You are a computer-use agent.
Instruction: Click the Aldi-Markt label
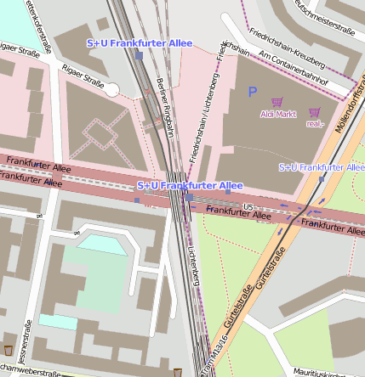278,113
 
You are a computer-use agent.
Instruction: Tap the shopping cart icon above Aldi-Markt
277,102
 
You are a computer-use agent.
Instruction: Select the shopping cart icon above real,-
315,112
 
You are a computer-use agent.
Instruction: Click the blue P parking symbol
251,90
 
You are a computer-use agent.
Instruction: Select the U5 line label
248,206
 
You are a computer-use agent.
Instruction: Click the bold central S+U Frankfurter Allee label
190,185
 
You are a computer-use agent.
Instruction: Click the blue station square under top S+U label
139,54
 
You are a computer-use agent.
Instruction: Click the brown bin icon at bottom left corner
9,350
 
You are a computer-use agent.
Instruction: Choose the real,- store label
315,123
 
